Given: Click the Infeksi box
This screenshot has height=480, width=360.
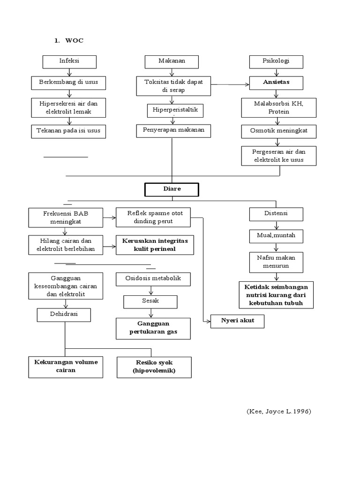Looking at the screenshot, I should [69, 62].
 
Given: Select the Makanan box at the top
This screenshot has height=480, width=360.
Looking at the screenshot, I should [172, 62].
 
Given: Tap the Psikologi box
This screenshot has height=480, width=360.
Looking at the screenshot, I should [276, 62].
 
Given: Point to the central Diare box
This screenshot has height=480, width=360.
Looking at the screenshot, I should [172, 190].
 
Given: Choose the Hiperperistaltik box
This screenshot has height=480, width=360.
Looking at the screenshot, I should [172, 110].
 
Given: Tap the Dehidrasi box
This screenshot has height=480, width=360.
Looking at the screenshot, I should [64, 315].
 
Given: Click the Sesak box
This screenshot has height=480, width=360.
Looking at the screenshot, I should [150, 301].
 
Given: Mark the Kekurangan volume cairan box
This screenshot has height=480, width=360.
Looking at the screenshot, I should [65, 367].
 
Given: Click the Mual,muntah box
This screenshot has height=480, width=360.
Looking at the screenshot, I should [276, 236].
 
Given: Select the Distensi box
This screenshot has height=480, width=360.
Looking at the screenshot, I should [276, 214].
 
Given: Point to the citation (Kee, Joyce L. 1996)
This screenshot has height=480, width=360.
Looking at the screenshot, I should [278, 411].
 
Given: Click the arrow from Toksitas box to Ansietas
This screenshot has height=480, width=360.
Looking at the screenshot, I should [230, 84].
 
